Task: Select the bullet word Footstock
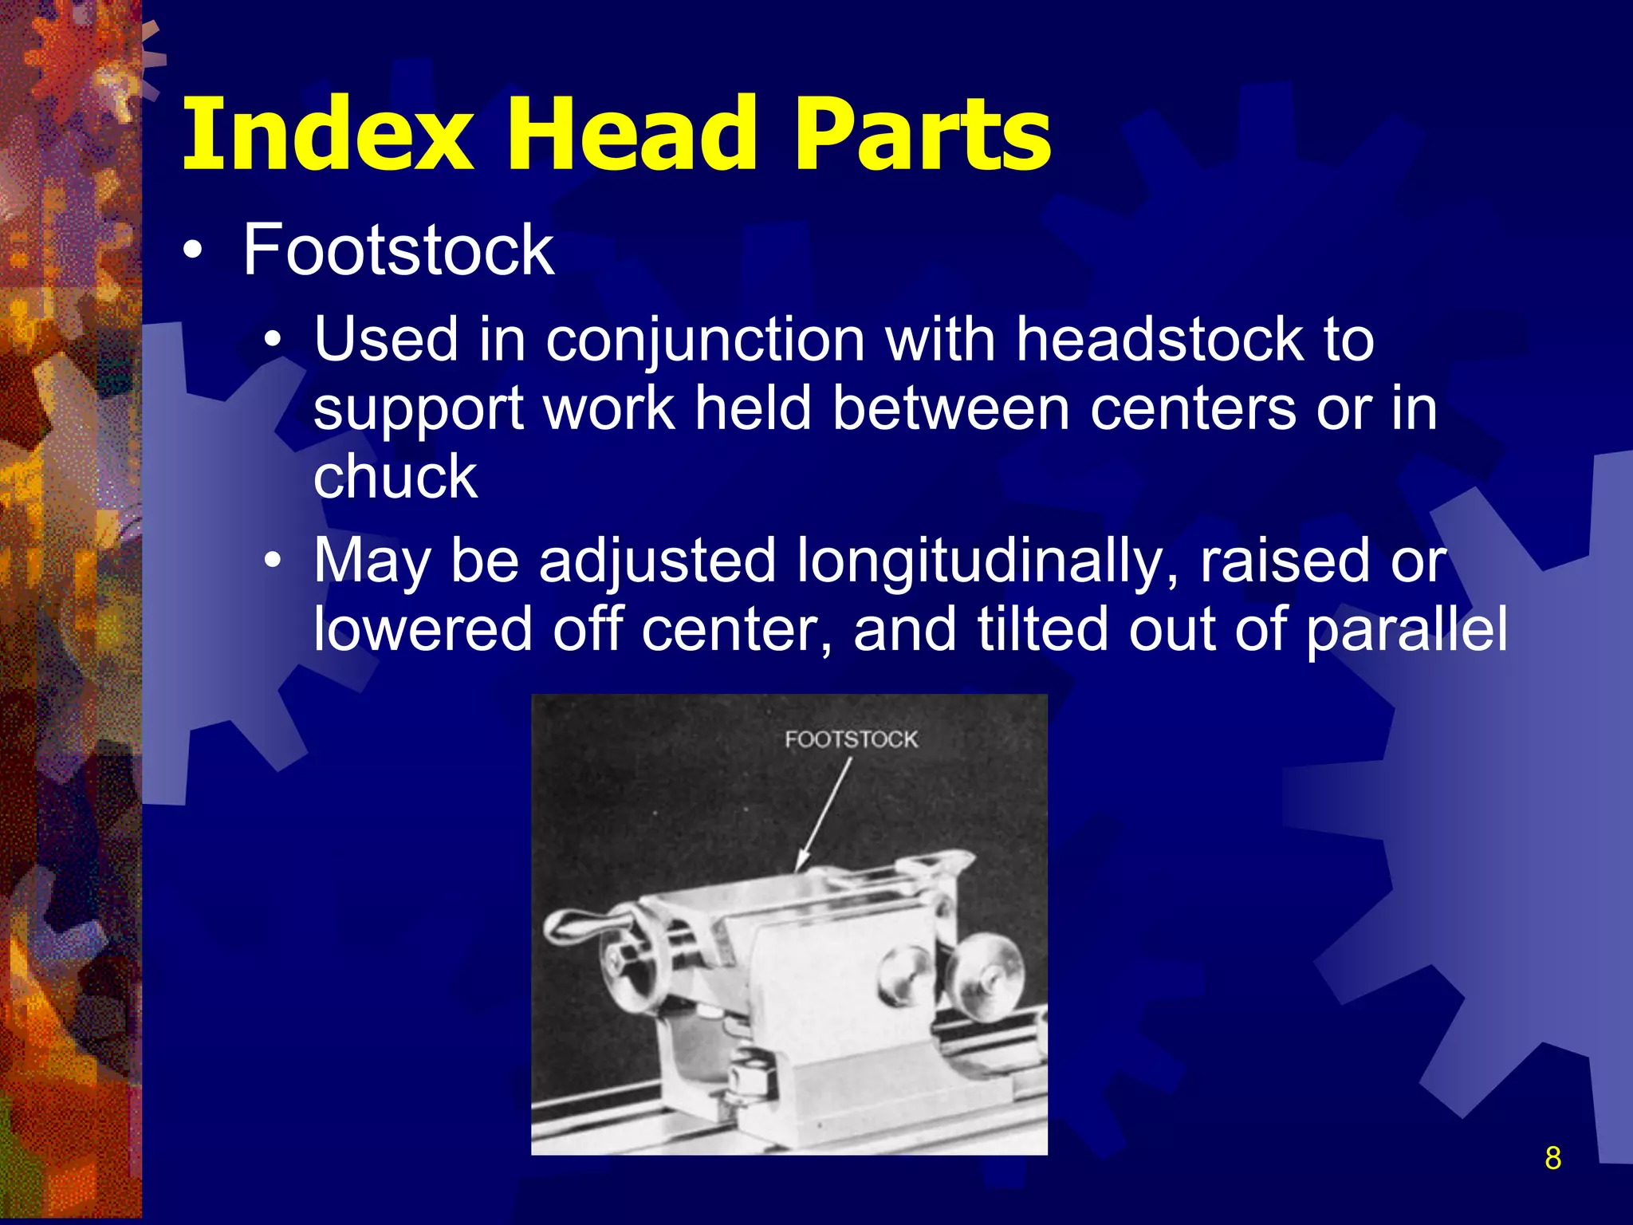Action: [398, 250]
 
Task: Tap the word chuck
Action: [395, 477]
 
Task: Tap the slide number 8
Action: [1552, 1158]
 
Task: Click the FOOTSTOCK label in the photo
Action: [851, 739]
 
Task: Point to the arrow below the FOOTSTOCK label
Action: [824, 814]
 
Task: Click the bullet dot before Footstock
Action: [192, 252]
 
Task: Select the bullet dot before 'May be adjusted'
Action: [273, 561]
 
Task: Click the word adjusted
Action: [657, 561]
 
